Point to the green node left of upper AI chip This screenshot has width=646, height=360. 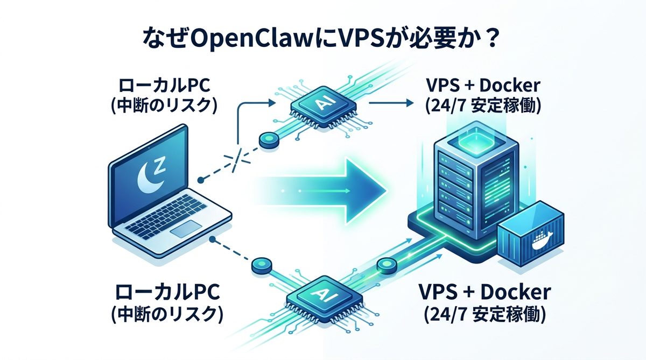point(267,140)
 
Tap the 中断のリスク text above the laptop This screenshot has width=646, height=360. point(164,105)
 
